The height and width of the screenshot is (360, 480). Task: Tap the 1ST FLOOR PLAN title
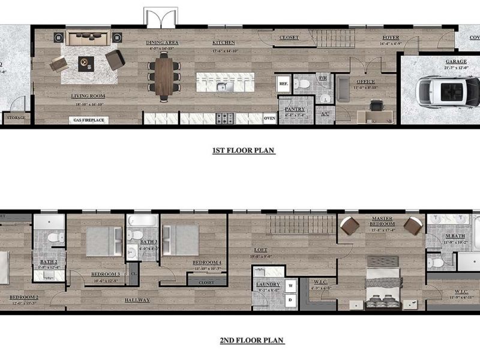pos(244,151)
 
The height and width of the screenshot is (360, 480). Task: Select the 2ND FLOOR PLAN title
pos(251,340)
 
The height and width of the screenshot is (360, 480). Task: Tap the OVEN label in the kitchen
pos(269,118)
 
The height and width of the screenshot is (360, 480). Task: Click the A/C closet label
pos(325,113)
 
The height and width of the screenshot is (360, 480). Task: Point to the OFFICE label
pos(365,82)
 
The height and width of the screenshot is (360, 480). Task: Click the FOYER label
pos(391,38)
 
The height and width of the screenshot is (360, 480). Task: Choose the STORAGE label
pos(16,118)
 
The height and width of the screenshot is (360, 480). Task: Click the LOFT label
pos(260,250)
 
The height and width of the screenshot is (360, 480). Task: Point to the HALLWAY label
pos(137,299)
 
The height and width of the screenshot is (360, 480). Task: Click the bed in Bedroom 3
pos(104,242)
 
